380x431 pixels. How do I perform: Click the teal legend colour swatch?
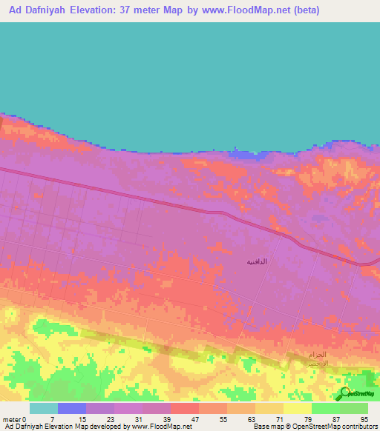[43, 408]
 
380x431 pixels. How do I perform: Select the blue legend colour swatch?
[71, 408]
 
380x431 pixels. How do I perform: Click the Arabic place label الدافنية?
[257, 262]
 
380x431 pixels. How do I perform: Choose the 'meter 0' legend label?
[15, 418]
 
